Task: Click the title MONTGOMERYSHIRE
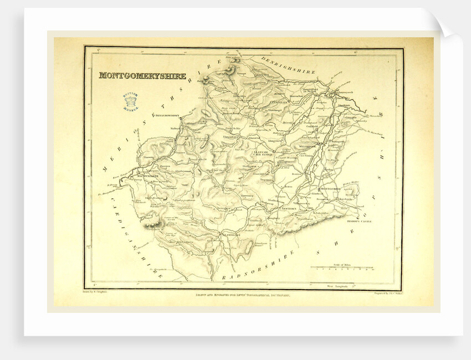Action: click(142, 76)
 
